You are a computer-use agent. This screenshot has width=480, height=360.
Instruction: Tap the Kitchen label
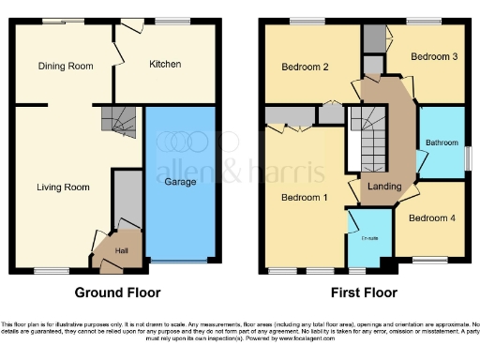[166, 64]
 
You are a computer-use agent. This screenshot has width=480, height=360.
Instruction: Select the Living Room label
[63, 187]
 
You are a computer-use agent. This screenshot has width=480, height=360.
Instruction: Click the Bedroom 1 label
[305, 197]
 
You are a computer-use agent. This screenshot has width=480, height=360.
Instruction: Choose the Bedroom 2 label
[305, 67]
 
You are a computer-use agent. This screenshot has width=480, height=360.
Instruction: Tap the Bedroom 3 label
[435, 57]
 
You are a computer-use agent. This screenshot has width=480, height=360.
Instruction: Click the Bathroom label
[440, 142]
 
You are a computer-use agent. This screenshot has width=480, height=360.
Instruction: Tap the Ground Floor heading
[117, 292]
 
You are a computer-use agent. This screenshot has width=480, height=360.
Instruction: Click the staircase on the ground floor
[121, 120]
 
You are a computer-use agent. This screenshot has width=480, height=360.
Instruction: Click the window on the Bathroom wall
[466, 157]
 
